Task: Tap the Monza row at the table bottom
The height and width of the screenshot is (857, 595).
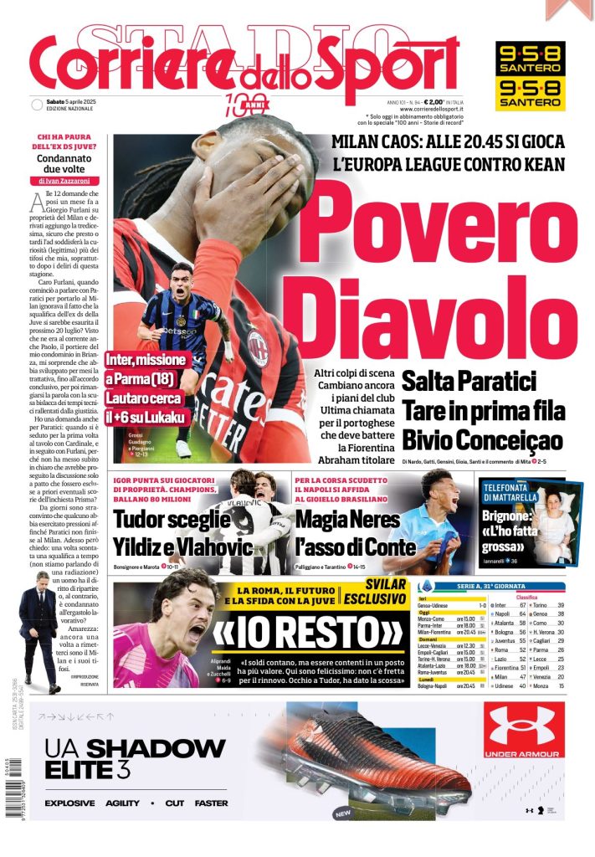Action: coord(560,685)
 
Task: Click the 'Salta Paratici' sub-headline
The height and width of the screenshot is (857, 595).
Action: coord(468,382)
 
